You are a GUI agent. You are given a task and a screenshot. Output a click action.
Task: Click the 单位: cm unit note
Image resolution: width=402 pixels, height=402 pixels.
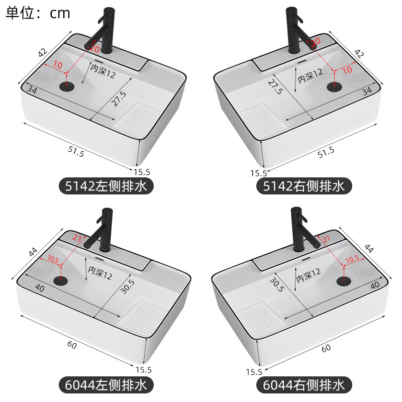tap(38, 13)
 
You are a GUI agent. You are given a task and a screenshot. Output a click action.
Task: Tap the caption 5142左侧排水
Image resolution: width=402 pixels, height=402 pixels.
tap(106, 187)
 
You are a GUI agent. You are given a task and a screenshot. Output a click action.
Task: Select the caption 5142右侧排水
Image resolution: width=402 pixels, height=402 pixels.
tap(304, 187)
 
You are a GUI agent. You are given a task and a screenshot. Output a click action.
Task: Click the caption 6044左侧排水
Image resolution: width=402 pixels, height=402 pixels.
tap(106, 385)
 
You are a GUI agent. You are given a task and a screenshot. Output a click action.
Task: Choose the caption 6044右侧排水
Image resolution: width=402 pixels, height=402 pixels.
tap(304, 385)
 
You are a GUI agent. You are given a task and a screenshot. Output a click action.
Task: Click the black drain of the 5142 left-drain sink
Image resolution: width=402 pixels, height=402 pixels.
tap(67, 85)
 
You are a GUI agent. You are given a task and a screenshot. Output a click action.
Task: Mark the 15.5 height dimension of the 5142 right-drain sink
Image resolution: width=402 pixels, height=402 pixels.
tap(259, 173)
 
